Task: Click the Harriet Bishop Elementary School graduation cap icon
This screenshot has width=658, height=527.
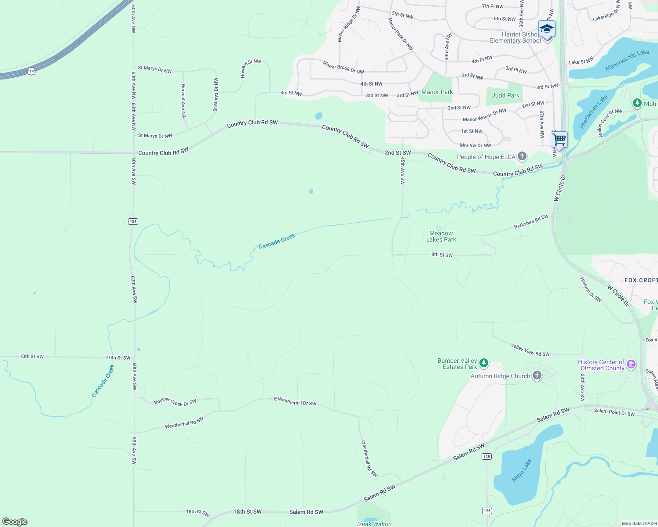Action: pyautogui.click(x=547, y=29)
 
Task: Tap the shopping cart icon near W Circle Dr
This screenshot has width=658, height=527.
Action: pyautogui.click(x=559, y=140)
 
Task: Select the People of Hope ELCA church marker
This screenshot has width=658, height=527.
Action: pyautogui.click(x=522, y=156)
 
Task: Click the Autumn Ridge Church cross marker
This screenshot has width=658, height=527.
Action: pyautogui.click(x=537, y=375)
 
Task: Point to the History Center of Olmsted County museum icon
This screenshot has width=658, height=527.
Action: pyautogui.click(x=631, y=365)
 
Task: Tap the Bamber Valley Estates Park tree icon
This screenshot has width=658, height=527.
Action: pyautogui.click(x=484, y=363)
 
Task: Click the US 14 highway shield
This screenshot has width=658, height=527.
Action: pyautogui.click(x=31, y=70)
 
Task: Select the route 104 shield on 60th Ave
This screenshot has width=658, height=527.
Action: pyautogui.click(x=133, y=221)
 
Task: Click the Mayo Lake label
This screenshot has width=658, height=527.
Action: pyautogui.click(x=522, y=470)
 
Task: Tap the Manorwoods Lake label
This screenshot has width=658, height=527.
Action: pyautogui.click(x=627, y=60)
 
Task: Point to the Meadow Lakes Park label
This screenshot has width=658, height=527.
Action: pyautogui.click(x=441, y=236)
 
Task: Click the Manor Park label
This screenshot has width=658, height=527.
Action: pyautogui.click(x=437, y=92)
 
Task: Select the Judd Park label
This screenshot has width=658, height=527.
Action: pyautogui.click(x=505, y=95)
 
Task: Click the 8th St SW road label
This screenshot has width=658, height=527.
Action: pyautogui.click(x=442, y=255)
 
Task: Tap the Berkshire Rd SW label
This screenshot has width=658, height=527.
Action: pyautogui.click(x=531, y=222)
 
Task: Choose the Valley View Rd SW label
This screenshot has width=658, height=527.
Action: pyautogui.click(x=530, y=350)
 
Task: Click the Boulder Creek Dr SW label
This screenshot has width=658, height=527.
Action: pyautogui.click(x=175, y=402)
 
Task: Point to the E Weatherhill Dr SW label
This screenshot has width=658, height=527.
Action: pyautogui.click(x=295, y=401)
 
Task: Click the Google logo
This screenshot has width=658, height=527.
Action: pyautogui.click(x=15, y=521)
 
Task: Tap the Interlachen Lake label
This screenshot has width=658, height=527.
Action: pyautogui.click(x=593, y=112)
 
